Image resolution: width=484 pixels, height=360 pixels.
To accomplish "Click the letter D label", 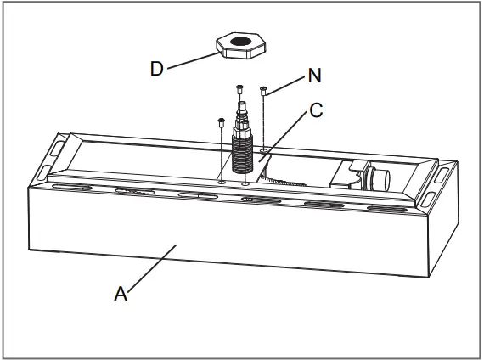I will click(156, 69).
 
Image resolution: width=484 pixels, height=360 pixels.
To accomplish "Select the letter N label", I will click(315, 75).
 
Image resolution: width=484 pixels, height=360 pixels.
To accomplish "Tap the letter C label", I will click(316, 111).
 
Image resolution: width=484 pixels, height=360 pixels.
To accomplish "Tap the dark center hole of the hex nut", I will click(241, 41).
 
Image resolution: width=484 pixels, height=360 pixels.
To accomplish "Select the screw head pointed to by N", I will click(264, 89).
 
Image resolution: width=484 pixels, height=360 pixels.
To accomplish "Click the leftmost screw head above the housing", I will click(221, 121).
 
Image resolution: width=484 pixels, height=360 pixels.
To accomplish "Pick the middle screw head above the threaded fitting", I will click(239, 87).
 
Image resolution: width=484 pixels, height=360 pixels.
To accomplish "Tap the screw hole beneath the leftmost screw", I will click(221, 181).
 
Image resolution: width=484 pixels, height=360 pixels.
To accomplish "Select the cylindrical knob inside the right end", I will click(377, 179).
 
